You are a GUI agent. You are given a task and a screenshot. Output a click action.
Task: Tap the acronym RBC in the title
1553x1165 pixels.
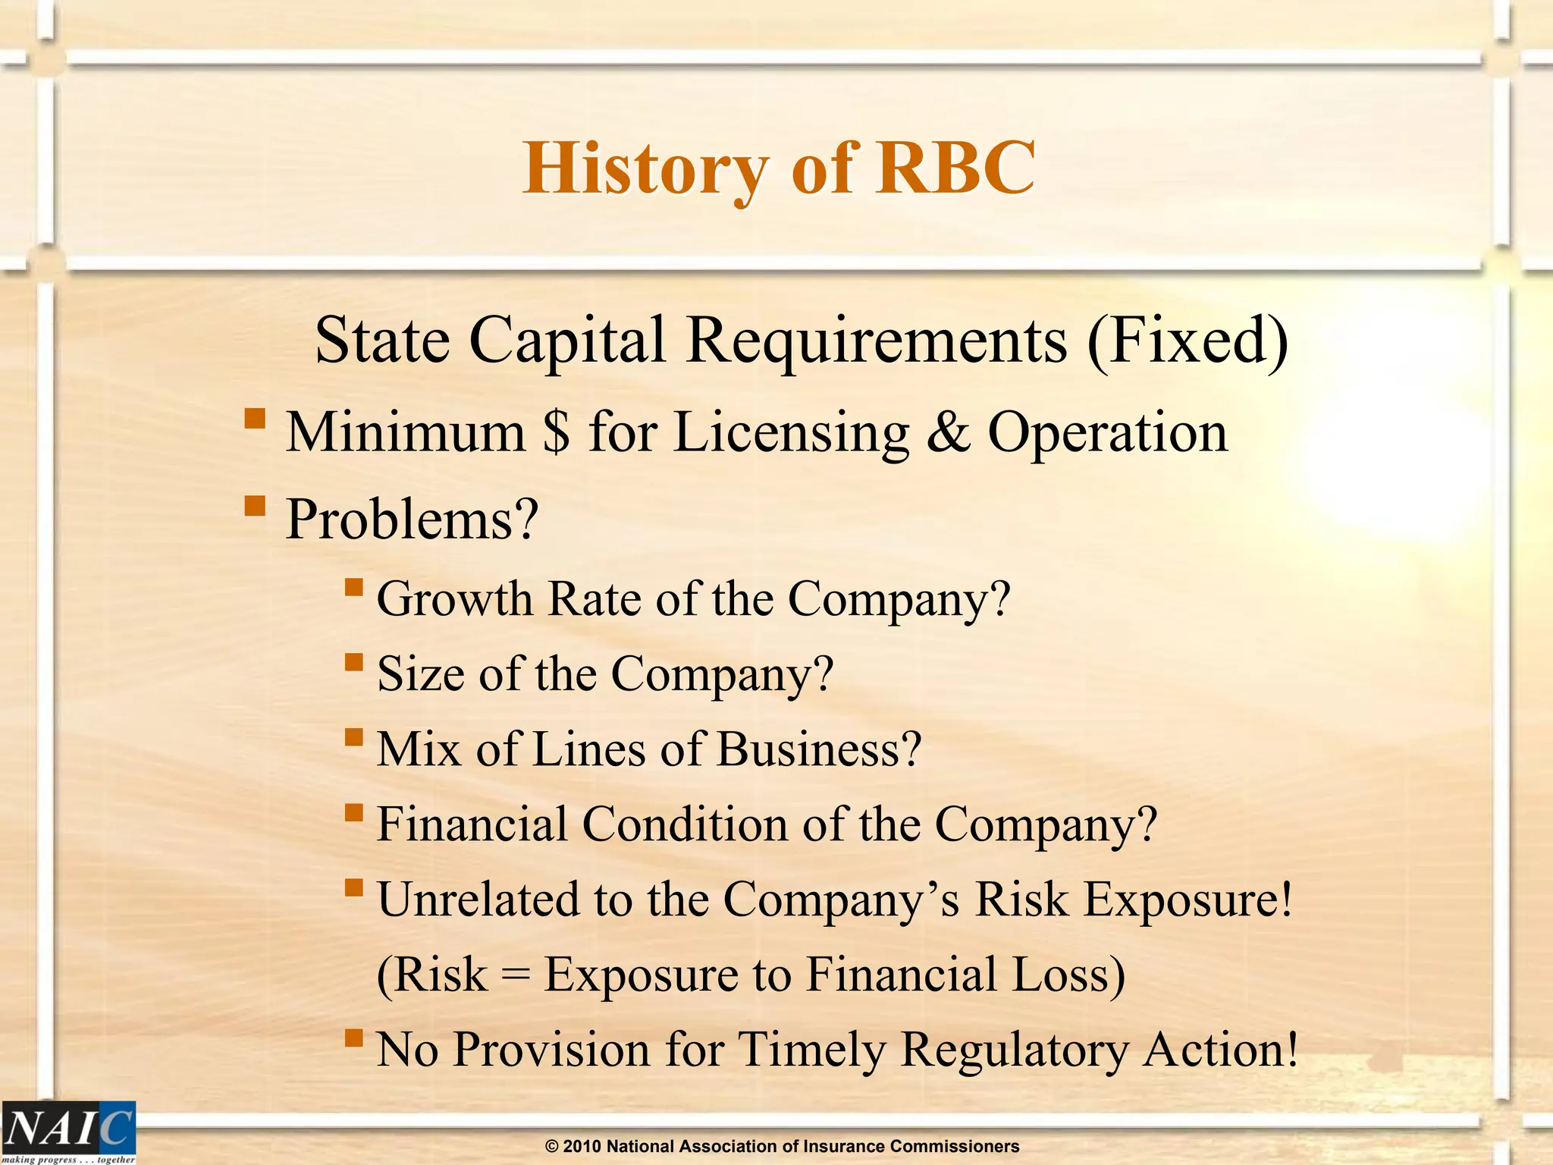click(x=955, y=168)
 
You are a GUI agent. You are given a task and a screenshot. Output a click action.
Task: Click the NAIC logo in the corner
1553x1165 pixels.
click(x=68, y=1130)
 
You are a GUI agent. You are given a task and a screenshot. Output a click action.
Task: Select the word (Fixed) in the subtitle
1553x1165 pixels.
click(x=1187, y=341)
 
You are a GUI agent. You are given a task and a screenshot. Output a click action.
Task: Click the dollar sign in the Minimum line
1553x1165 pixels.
click(x=557, y=432)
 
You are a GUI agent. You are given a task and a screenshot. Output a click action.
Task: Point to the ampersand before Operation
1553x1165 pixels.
click(x=948, y=432)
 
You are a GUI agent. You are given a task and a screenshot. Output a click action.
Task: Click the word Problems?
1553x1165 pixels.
click(x=412, y=520)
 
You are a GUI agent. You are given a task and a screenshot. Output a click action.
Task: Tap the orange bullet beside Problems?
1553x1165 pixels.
click(x=255, y=505)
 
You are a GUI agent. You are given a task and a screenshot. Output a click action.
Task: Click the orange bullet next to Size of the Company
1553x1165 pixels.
click(x=353, y=662)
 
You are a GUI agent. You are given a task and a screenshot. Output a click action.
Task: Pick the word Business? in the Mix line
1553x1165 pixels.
click(x=819, y=749)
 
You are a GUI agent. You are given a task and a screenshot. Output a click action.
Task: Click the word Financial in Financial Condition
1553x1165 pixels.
click(x=472, y=824)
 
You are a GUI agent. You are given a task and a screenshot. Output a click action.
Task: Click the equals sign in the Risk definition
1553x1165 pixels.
click(x=516, y=976)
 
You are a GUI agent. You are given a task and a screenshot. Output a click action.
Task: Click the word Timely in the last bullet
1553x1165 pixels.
click(x=811, y=1050)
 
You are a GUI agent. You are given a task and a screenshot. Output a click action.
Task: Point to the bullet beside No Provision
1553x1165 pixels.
click(x=353, y=1037)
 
